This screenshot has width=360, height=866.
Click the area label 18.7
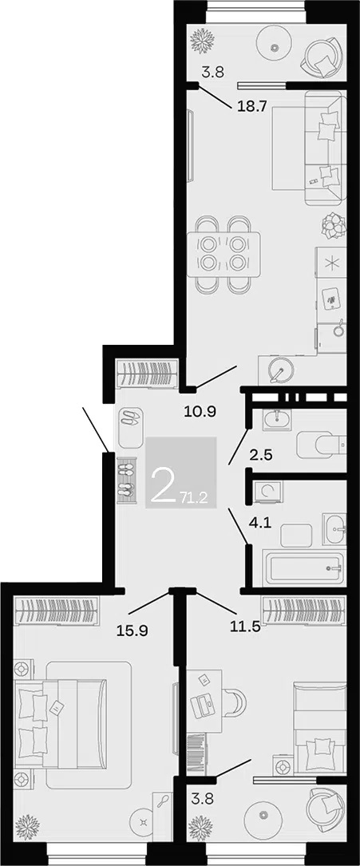[x=251, y=107]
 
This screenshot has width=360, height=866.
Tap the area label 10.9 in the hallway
[x=200, y=411]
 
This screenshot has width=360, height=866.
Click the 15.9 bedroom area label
[x=132, y=627]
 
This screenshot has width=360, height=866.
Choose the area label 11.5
[x=244, y=627]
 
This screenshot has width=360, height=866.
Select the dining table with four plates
[x=224, y=254]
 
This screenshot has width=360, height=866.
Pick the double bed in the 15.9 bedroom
[x=61, y=724]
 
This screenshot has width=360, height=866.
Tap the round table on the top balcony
[x=275, y=47]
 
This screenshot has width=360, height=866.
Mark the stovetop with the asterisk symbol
[x=331, y=263]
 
